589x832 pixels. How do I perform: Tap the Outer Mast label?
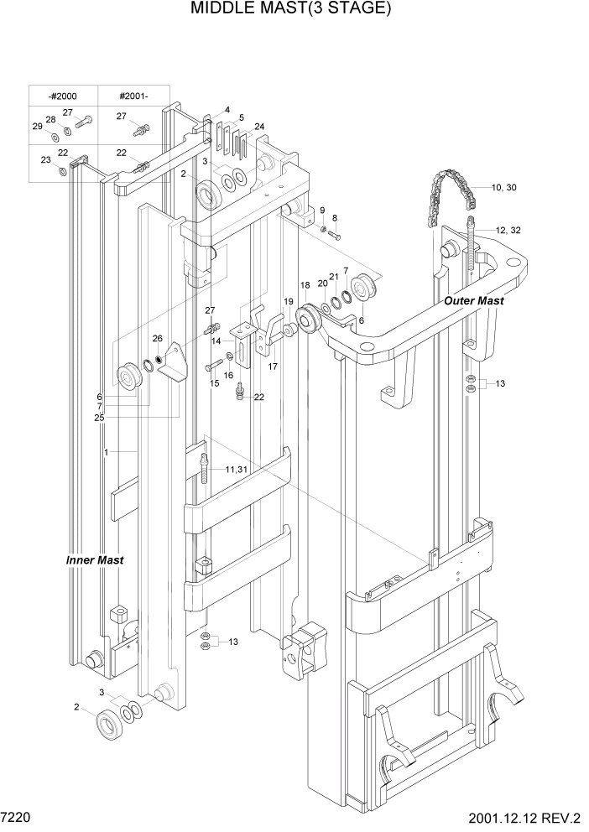(474, 300)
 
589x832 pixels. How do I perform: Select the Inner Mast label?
(95, 559)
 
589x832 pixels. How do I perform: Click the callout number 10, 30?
(500, 187)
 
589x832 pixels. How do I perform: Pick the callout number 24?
(259, 127)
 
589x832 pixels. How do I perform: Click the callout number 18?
(305, 286)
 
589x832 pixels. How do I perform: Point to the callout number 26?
(157, 339)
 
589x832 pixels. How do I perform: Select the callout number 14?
(216, 341)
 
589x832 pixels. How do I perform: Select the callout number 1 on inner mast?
(107, 452)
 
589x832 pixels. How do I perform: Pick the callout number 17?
(273, 366)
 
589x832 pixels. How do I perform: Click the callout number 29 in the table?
(37, 126)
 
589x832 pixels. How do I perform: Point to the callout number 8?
(334, 217)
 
